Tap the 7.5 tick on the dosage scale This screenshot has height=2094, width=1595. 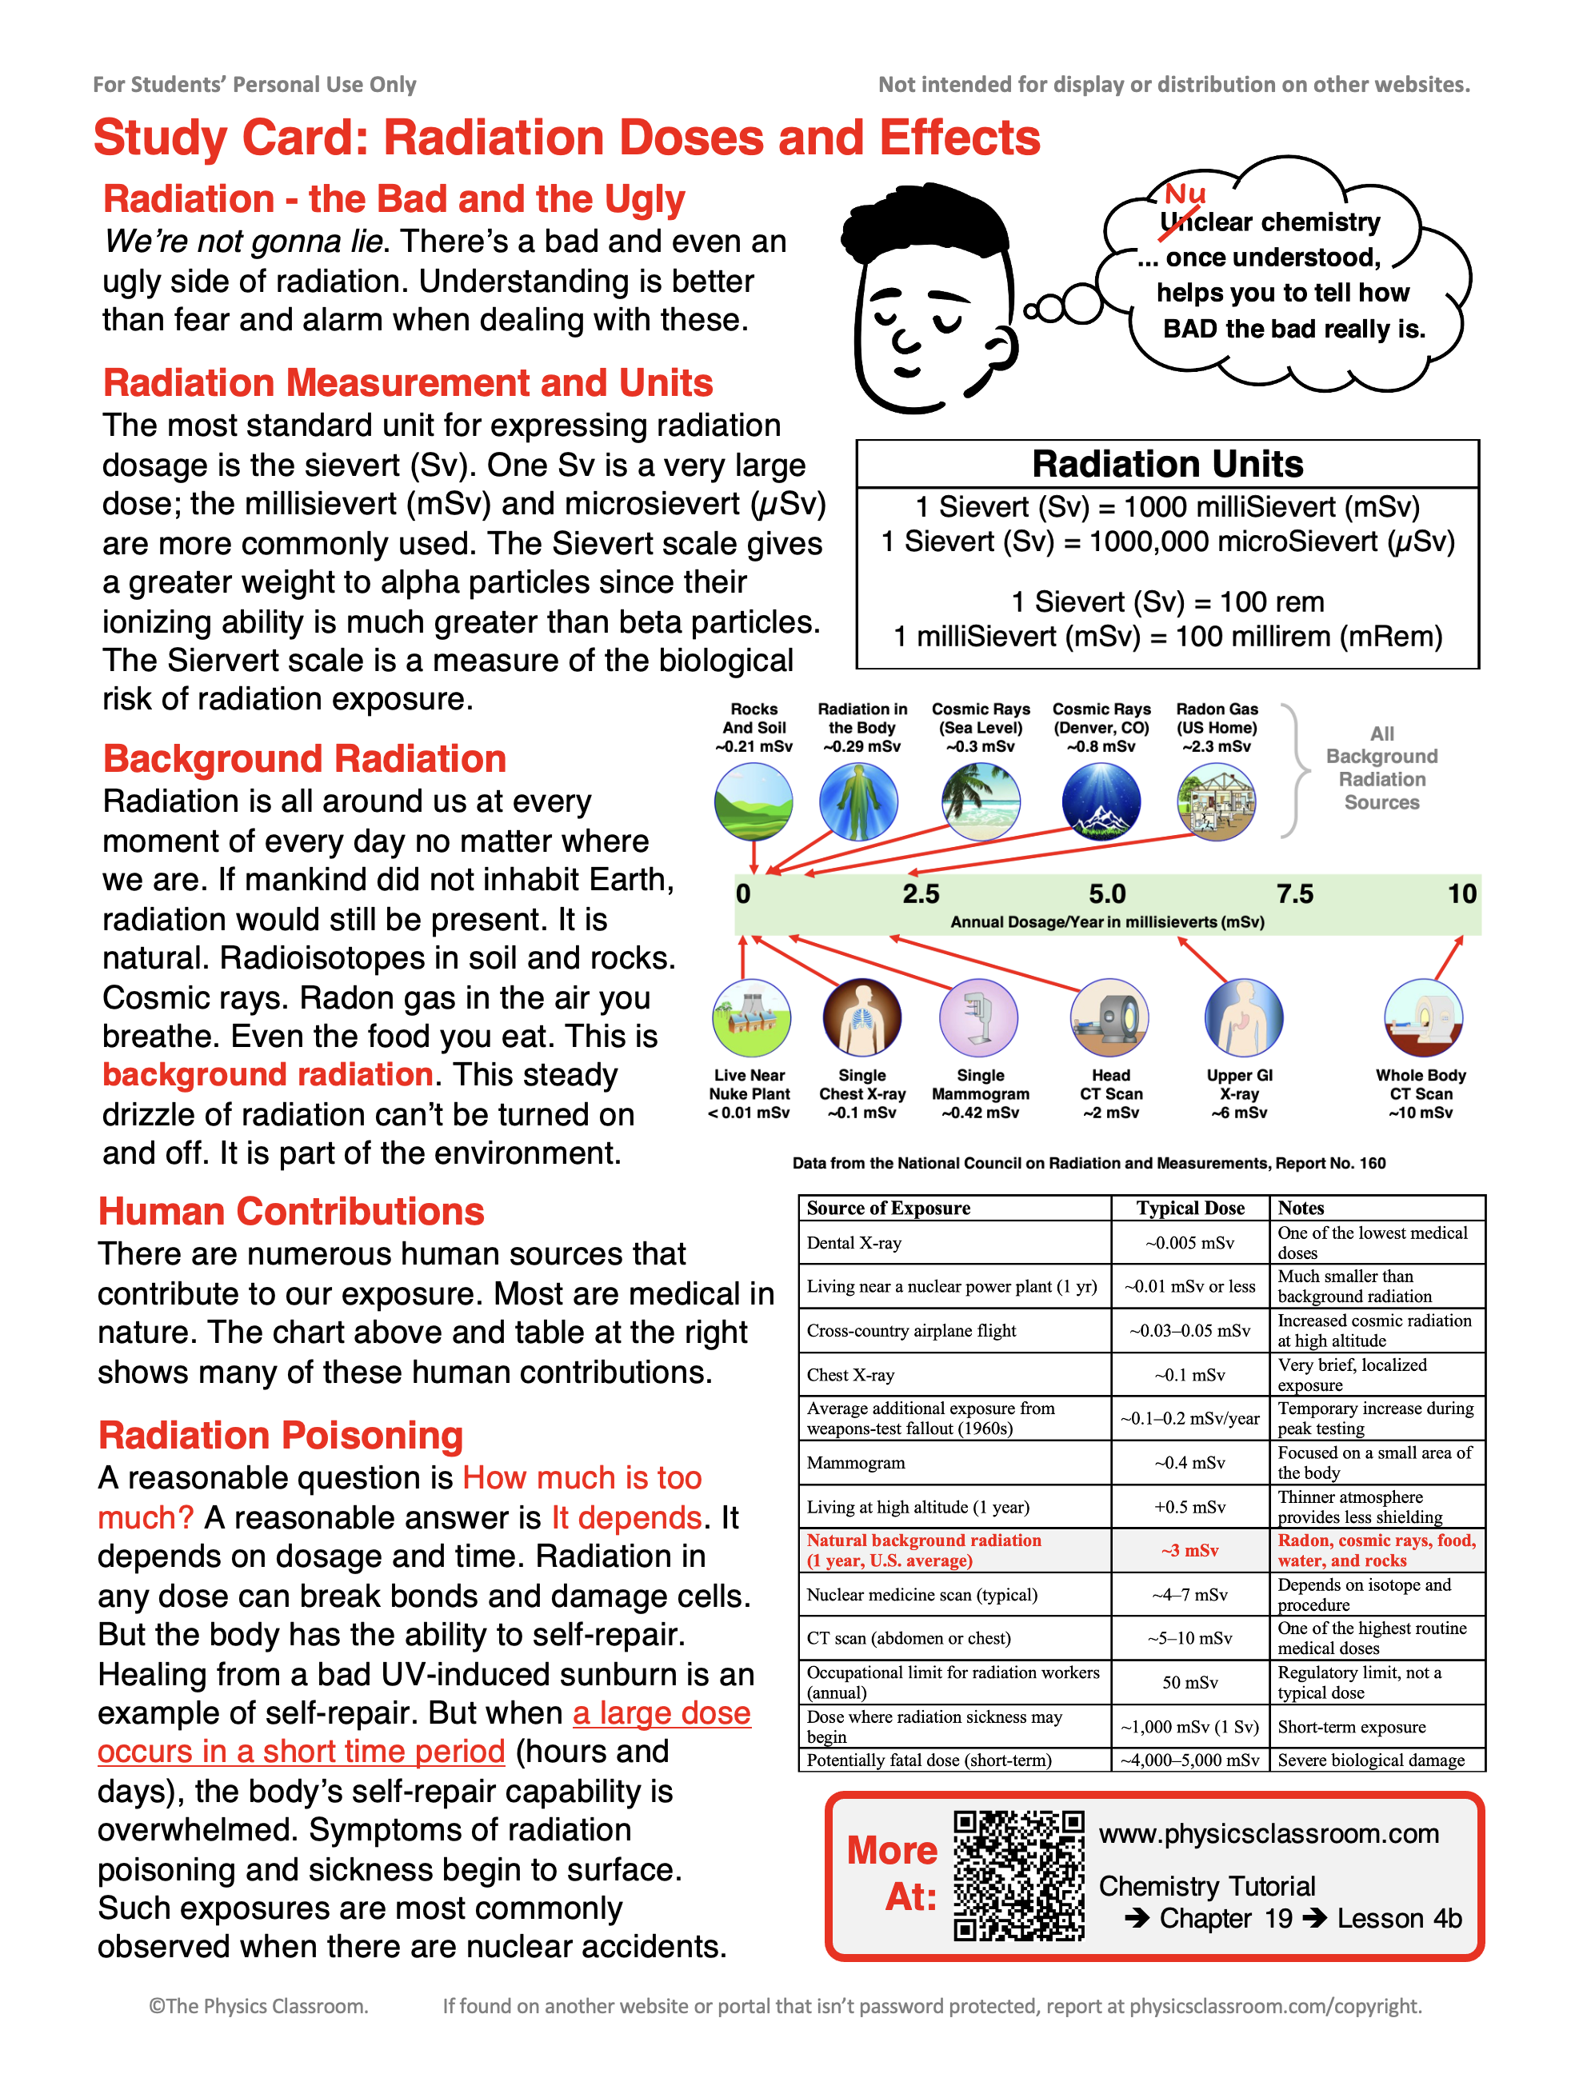[1294, 894]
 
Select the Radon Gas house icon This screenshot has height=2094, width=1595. [1216, 802]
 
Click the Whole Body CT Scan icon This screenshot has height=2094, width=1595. [1422, 1017]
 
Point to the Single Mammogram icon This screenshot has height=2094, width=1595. [978, 1017]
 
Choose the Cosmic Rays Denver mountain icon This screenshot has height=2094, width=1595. [1101, 802]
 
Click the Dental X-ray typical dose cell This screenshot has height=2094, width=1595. [1189, 1242]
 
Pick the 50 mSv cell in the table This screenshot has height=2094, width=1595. [1189, 1682]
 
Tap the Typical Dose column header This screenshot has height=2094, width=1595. [1189, 1208]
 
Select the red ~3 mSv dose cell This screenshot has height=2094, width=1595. [1189, 1550]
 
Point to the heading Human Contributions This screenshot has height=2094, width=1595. [290, 1211]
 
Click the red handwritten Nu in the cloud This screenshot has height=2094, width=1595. [1184, 194]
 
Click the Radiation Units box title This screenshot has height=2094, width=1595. [1167, 464]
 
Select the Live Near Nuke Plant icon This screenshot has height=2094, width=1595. [750, 1017]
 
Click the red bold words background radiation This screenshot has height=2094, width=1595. [268, 1074]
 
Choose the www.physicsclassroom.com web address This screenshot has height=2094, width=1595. [1269, 1834]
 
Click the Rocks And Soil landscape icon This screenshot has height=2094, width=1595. [754, 802]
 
